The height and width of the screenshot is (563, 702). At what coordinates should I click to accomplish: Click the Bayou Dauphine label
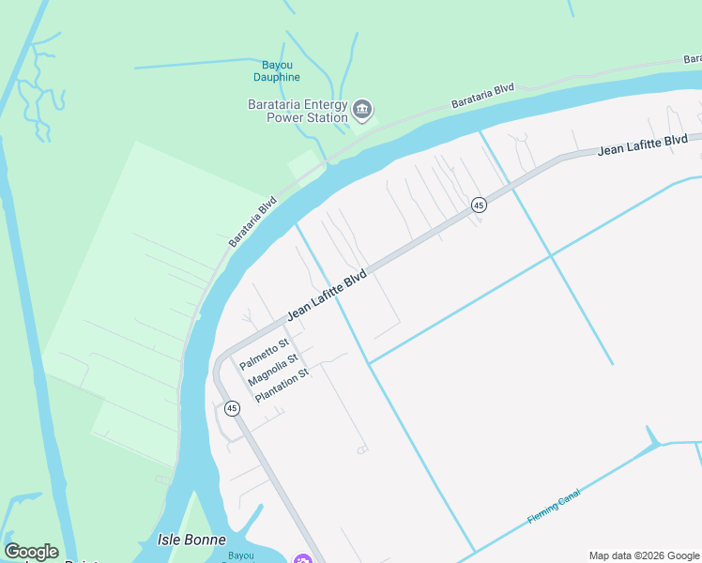(x=277, y=70)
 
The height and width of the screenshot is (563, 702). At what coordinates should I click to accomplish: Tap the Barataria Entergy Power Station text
(x=297, y=111)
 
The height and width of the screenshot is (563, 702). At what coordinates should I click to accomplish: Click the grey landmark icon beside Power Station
(x=361, y=112)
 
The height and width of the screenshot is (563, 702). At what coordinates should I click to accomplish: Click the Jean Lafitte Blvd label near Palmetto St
(x=327, y=297)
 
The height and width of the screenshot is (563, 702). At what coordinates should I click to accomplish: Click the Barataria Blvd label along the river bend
(x=253, y=222)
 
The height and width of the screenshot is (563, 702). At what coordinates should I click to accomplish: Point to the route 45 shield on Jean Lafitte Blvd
(x=479, y=205)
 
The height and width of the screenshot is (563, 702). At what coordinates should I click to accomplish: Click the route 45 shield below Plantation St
(x=232, y=408)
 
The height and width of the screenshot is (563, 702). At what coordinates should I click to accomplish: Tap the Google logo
(x=31, y=552)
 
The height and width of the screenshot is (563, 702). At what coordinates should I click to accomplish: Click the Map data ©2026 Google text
(x=645, y=555)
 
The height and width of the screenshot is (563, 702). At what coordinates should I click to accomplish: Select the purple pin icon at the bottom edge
(x=302, y=560)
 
